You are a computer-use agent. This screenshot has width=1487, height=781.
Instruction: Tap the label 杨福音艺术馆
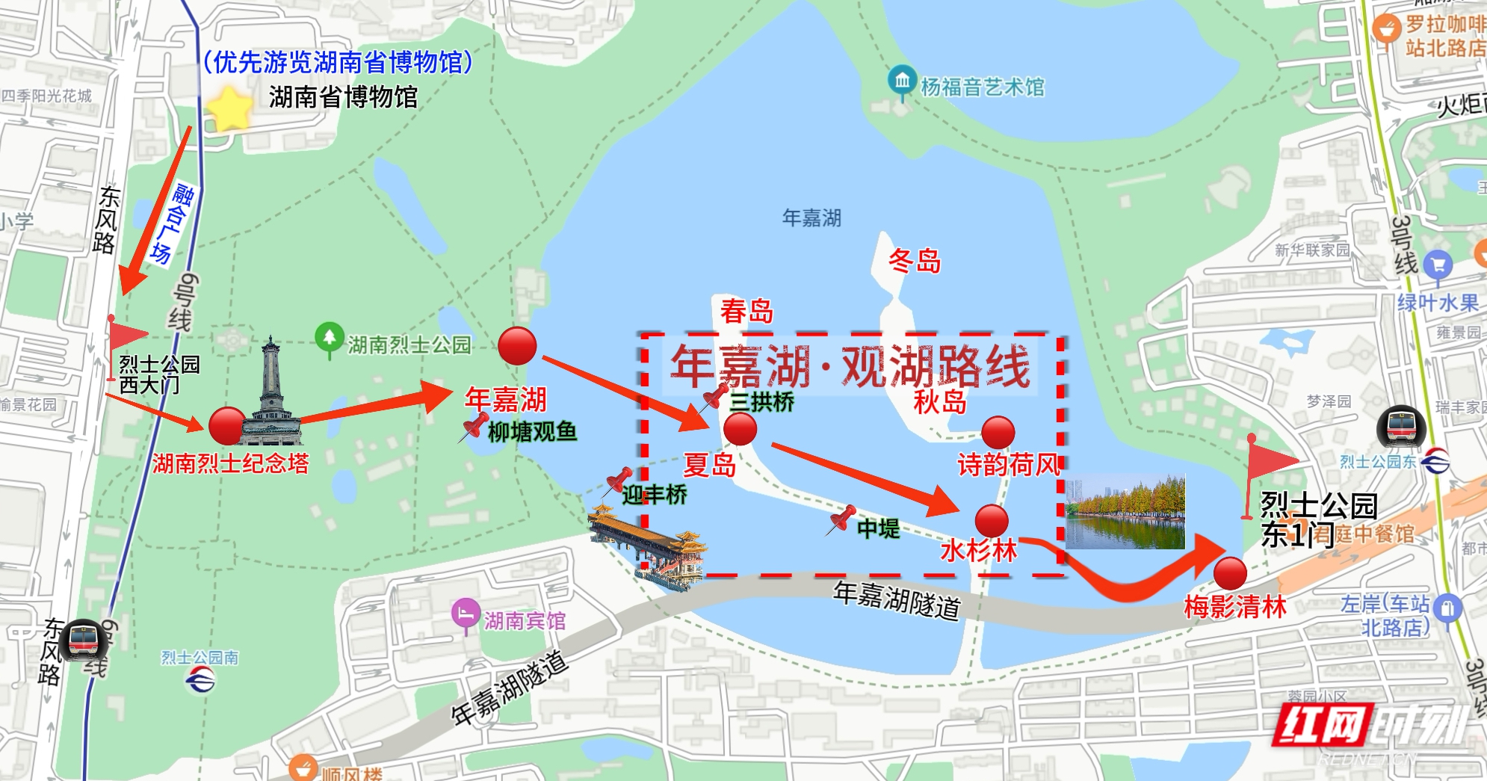(x=982, y=87)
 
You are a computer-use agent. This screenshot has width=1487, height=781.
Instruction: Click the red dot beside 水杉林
(x=992, y=520)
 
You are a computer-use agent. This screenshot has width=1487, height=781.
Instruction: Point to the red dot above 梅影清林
(x=1230, y=574)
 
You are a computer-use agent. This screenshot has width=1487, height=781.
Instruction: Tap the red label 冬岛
(x=915, y=261)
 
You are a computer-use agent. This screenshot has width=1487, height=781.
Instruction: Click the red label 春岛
(x=746, y=310)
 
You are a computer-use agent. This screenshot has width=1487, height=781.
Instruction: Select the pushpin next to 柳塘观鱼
(x=474, y=427)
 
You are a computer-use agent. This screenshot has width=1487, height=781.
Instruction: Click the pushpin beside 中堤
(x=841, y=519)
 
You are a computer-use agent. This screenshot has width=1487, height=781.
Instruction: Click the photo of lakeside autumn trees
(x=1125, y=513)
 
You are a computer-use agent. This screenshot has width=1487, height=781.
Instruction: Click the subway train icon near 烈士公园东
(x=1402, y=427)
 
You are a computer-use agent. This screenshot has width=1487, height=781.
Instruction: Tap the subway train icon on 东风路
(x=82, y=640)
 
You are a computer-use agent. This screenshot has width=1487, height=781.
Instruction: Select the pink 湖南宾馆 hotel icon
(x=466, y=614)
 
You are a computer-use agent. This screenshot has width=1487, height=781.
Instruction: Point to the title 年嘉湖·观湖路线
(x=850, y=366)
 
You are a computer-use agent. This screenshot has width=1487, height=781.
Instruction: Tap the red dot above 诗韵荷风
(x=998, y=433)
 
